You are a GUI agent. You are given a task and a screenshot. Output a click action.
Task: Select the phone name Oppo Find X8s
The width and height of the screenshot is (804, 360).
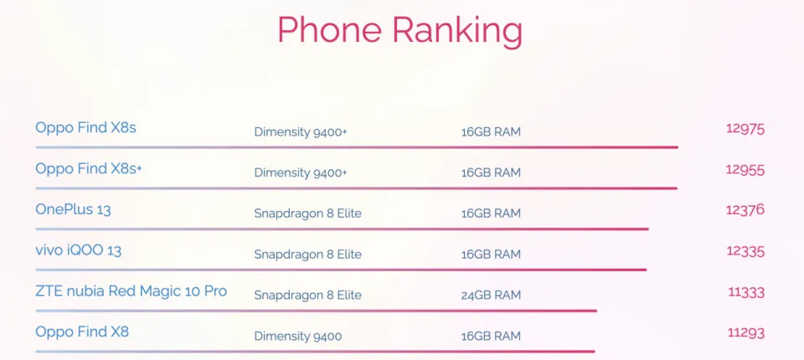tap(85, 127)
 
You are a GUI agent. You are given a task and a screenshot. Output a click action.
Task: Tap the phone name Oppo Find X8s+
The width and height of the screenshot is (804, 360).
tap(89, 168)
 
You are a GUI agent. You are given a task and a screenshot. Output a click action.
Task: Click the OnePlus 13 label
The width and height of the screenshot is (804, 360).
tap(73, 209)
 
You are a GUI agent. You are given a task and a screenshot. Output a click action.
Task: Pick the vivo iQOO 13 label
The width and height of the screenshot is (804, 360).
tap(79, 250)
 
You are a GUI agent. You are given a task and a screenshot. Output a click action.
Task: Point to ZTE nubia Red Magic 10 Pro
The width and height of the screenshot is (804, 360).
tap(131, 291)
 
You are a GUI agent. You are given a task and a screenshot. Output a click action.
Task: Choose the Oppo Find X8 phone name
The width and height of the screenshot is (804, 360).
tap(82, 332)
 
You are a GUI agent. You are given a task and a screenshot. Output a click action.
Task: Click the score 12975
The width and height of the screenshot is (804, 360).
tap(745, 129)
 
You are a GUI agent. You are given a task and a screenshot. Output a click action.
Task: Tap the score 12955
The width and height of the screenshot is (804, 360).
tap(745, 170)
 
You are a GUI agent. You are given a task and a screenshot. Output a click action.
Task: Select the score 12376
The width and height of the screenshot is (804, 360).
tap(745, 210)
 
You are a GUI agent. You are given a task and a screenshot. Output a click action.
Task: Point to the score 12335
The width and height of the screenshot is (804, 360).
tap(745, 251)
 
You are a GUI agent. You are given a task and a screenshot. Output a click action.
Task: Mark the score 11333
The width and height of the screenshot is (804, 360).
tap(746, 292)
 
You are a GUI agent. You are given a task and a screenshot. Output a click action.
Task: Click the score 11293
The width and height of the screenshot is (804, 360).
tap(746, 333)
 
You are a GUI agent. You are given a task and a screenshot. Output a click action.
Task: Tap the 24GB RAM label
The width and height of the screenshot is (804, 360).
tap(491, 296)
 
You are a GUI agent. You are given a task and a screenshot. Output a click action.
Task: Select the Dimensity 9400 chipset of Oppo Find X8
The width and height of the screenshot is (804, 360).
tap(298, 337)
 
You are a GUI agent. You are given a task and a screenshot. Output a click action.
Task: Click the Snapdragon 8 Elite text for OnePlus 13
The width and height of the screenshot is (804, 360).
tap(307, 213)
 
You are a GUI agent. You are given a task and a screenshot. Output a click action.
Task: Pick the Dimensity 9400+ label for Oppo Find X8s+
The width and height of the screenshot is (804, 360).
tap(301, 173)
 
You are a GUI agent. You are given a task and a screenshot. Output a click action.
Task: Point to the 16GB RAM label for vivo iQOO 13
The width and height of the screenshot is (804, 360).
tap(491, 255)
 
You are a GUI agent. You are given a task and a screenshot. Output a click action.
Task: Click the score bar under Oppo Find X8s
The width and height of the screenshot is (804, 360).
tap(357, 147)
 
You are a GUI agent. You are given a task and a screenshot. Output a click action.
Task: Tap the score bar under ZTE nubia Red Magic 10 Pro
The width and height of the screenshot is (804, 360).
tap(317, 311)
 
